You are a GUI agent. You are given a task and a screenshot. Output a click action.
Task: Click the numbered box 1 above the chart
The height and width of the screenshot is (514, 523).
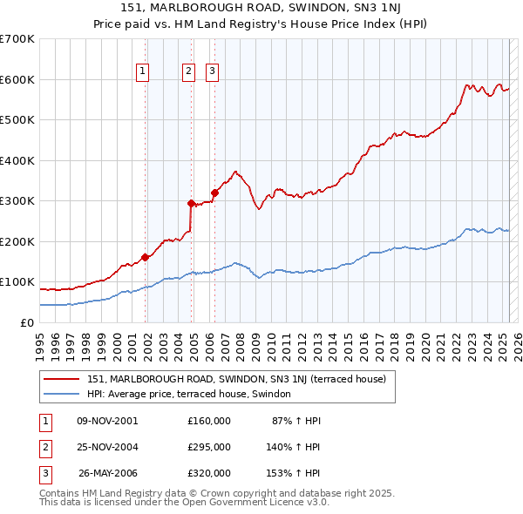click(x=141, y=72)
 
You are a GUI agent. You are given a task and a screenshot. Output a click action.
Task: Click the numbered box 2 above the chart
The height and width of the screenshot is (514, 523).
click(x=188, y=72)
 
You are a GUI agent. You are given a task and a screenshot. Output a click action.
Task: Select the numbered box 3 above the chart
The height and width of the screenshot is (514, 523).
click(x=212, y=72)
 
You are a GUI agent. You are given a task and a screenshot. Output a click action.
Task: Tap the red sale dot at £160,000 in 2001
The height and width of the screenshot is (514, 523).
click(x=146, y=257)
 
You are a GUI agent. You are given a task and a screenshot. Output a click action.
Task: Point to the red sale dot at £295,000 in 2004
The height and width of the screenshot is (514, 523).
click(x=192, y=203)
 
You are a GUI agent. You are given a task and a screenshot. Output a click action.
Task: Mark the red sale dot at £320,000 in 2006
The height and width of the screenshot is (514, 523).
click(x=214, y=193)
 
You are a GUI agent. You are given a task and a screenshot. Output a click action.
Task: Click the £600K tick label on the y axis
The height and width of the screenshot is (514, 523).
click(x=17, y=79)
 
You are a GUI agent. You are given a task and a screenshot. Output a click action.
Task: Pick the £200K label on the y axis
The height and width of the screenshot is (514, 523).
click(x=17, y=241)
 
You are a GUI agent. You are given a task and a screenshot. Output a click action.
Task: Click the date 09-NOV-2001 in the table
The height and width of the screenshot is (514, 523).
click(x=107, y=421)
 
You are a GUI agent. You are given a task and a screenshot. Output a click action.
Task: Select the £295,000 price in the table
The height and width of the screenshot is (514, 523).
click(x=209, y=447)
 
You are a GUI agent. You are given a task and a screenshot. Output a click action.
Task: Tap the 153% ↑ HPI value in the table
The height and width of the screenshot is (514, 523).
click(x=294, y=473)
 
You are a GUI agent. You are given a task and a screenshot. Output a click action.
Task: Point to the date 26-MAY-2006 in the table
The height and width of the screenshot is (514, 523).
click(x=108, y=473)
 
